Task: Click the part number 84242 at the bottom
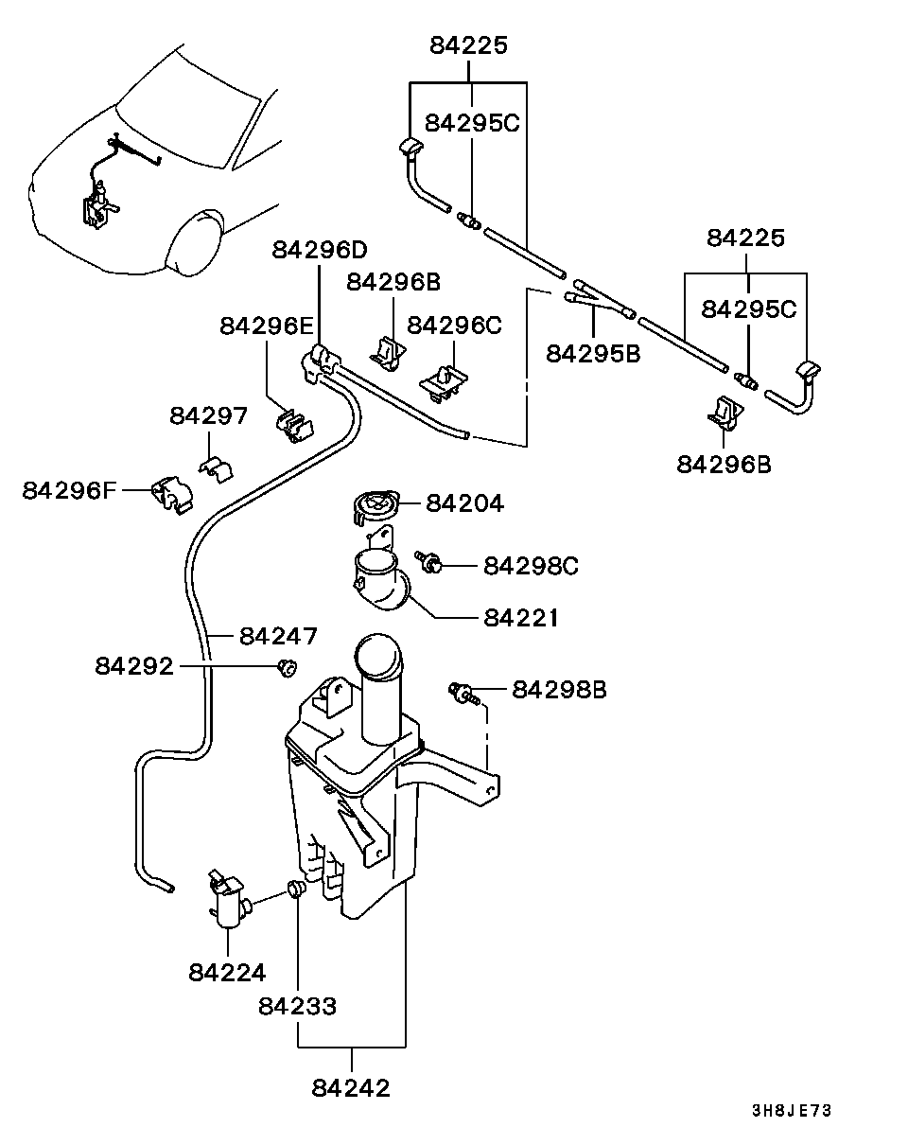pos(351,1088)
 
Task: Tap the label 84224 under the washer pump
pos(227,973)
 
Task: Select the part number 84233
pos(297,1006)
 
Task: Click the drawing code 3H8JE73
pos(792,1111)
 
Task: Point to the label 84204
pos(465,502)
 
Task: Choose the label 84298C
pos(531,566)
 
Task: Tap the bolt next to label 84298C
pos(428,562)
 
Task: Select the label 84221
pos(521,618)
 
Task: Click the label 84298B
pos(559,690)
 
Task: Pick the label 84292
pos(134,665)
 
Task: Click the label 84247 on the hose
pos(278,635)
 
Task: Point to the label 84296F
pos(69,490)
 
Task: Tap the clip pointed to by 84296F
pos(173,494)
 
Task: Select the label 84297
pos(208,415)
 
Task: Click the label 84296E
pos(267,326)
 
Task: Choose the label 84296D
pos(320,250)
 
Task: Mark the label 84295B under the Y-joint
pos(593,353)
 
